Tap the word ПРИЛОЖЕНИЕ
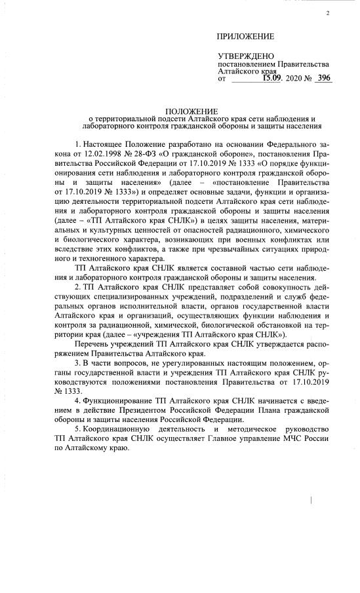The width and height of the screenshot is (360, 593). click(x=246, y=37)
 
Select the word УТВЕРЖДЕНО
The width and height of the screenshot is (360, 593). click(x=246, y=56)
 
